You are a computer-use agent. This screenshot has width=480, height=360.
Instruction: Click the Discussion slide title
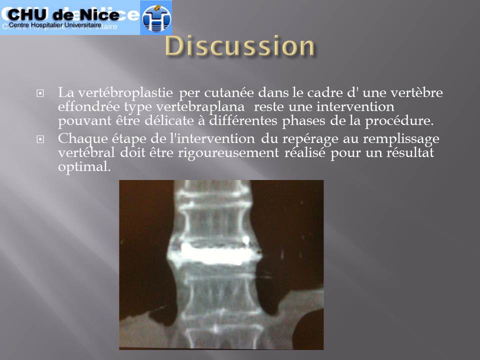[240, 46]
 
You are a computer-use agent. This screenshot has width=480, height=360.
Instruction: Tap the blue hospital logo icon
[156, 18]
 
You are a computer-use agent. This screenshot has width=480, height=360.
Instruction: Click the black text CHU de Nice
[63, 14]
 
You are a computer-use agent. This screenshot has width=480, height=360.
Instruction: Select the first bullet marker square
[40, 93]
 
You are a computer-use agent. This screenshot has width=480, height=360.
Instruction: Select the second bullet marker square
[40, 139]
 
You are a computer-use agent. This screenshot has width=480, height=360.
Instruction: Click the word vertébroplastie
[125, 93]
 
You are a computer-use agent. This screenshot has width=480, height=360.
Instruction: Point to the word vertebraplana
[200, 107]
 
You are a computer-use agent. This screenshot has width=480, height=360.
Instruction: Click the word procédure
[399, 121]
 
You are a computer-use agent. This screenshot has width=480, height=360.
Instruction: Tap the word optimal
[84, 167]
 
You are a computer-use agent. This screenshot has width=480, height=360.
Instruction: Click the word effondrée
[89, 106]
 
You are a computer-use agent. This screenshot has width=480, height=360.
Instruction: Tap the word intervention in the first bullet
[355, 106]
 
